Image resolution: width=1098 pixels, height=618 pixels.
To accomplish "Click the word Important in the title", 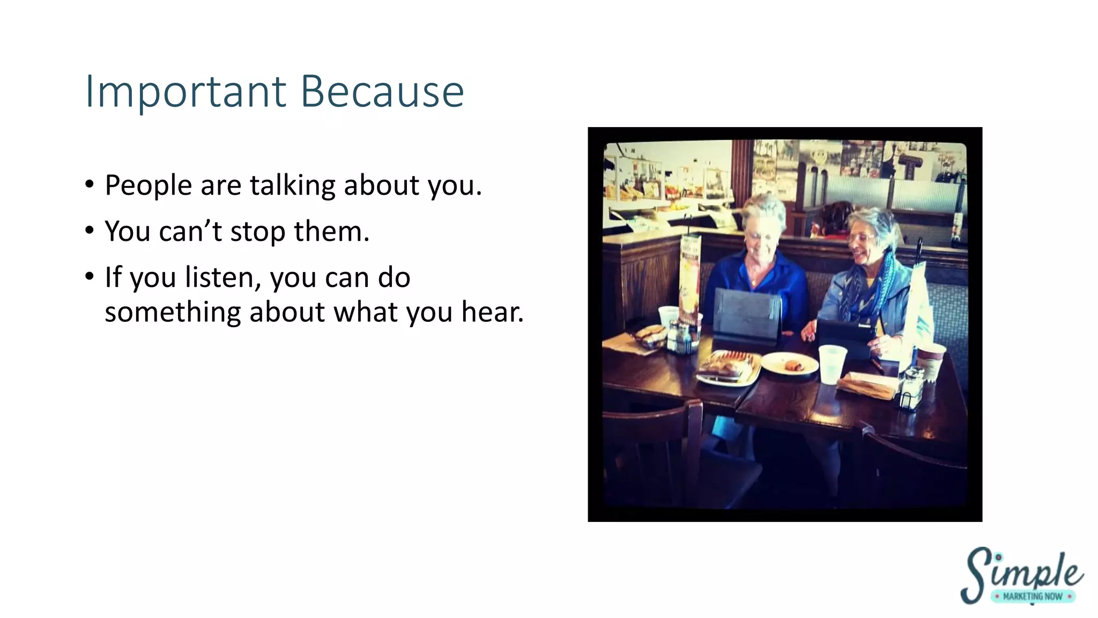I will pos(186,92).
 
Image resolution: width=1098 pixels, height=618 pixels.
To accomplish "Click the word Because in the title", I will pos(382,92).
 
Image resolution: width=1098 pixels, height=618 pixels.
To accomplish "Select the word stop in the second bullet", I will pos(257,232).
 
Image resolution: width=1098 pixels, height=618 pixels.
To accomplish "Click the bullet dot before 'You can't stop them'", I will pos(90,231).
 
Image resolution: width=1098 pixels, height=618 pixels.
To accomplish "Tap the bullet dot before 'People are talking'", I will pos(90,185).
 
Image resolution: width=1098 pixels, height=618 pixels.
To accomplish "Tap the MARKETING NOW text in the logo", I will pos(1032,597).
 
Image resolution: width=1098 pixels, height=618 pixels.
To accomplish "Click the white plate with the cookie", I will pos(789,364).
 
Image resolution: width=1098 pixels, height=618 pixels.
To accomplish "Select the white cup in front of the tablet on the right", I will pos(832,363).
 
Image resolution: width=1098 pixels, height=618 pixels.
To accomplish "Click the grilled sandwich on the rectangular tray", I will pos(726,365).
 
